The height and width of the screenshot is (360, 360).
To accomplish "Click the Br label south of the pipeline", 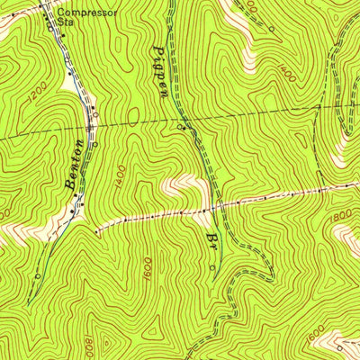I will click(213, 241).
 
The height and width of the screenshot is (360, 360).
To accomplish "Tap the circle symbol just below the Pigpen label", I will click(183, 128).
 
